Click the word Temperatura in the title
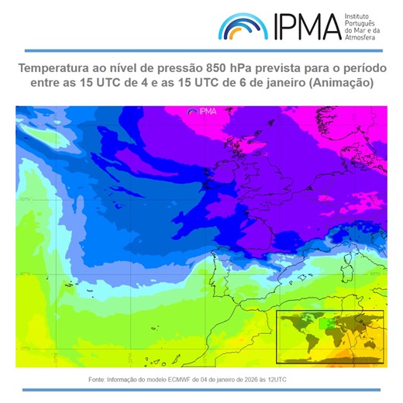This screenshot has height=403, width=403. (x=56, y=68)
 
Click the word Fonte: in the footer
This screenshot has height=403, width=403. (x=99, y=380)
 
